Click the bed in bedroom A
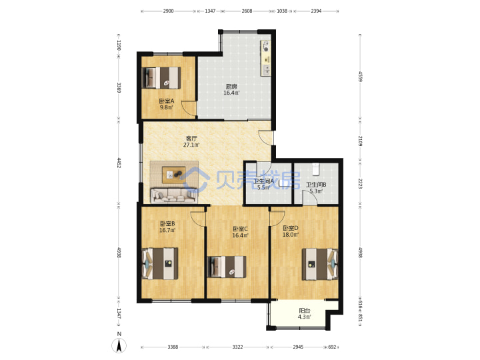pyautogui.click(x=161, y=78)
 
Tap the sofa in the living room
pyautogui.click(x=173, y=196)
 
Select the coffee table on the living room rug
pyautogui.click(x=173, y=175)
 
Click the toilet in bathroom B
pyautogui.click(x=315, y=169)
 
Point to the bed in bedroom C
pyautogui.click(x=227, y=267)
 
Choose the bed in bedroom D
pyautogui.click(x=320, y=264)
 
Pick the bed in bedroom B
pyautogui.click(x=160, y=263)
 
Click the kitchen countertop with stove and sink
pyautogui.click(x=266, y=58)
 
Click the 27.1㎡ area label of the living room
pyautogui.click(x=191, y=145)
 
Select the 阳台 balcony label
pyautogui.click(x=305, y=311)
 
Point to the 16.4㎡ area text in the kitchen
pyautogui.click(x=231, y=93)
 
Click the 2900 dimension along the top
pyautogui.click(x=168, y=11)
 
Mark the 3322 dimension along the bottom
pyautogui.click(x=237, y=347)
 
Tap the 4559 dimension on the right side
pyautogui.click(x=360, y=77)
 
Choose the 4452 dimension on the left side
pyautogui.click(x=119, y=163)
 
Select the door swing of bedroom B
pyautogui.click(x=197, y=219)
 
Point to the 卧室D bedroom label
pyautogui.click(x=291, y=228)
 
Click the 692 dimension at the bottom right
pyautogui.click(x=332, y=347)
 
